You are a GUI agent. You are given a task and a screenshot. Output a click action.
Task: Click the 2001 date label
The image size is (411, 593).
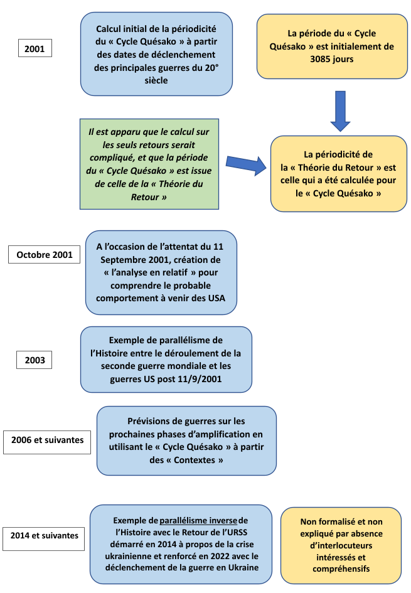[x=35, y=48]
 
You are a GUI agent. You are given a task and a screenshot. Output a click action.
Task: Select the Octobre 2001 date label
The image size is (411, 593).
[x=45, y=255]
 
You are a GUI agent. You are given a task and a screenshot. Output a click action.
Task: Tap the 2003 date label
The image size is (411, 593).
[x=35, y=361]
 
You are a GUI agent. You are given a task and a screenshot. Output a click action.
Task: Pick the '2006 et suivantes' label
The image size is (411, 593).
[x=47, y=441]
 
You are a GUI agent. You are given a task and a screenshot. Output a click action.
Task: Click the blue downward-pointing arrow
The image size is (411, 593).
[x=340, y=110]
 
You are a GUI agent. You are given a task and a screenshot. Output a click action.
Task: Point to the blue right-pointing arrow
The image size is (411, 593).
[x=245, y=166]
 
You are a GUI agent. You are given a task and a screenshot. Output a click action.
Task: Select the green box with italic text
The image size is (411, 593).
[x=149, y=164]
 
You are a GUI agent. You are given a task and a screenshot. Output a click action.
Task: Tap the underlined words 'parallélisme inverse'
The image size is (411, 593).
[x=198, y=520]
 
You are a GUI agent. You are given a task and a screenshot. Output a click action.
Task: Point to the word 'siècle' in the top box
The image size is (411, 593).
[x=156, y=81]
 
